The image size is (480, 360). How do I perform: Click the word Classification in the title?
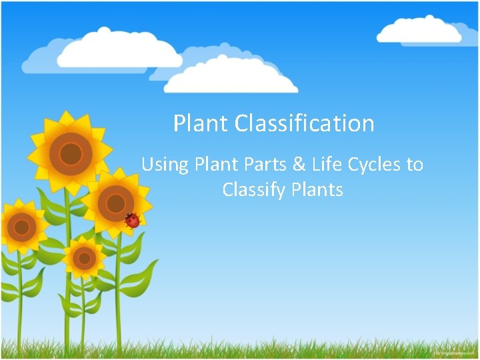[305, 123]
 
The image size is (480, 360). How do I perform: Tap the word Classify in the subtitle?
[254, 190]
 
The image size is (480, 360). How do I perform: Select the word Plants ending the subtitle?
[317, 190]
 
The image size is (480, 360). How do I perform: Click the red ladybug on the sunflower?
[133, 220]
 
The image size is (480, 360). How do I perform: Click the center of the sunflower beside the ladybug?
[115, 202]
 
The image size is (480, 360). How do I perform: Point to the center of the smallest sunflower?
[84, 257]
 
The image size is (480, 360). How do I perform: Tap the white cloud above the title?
[230, 77]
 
